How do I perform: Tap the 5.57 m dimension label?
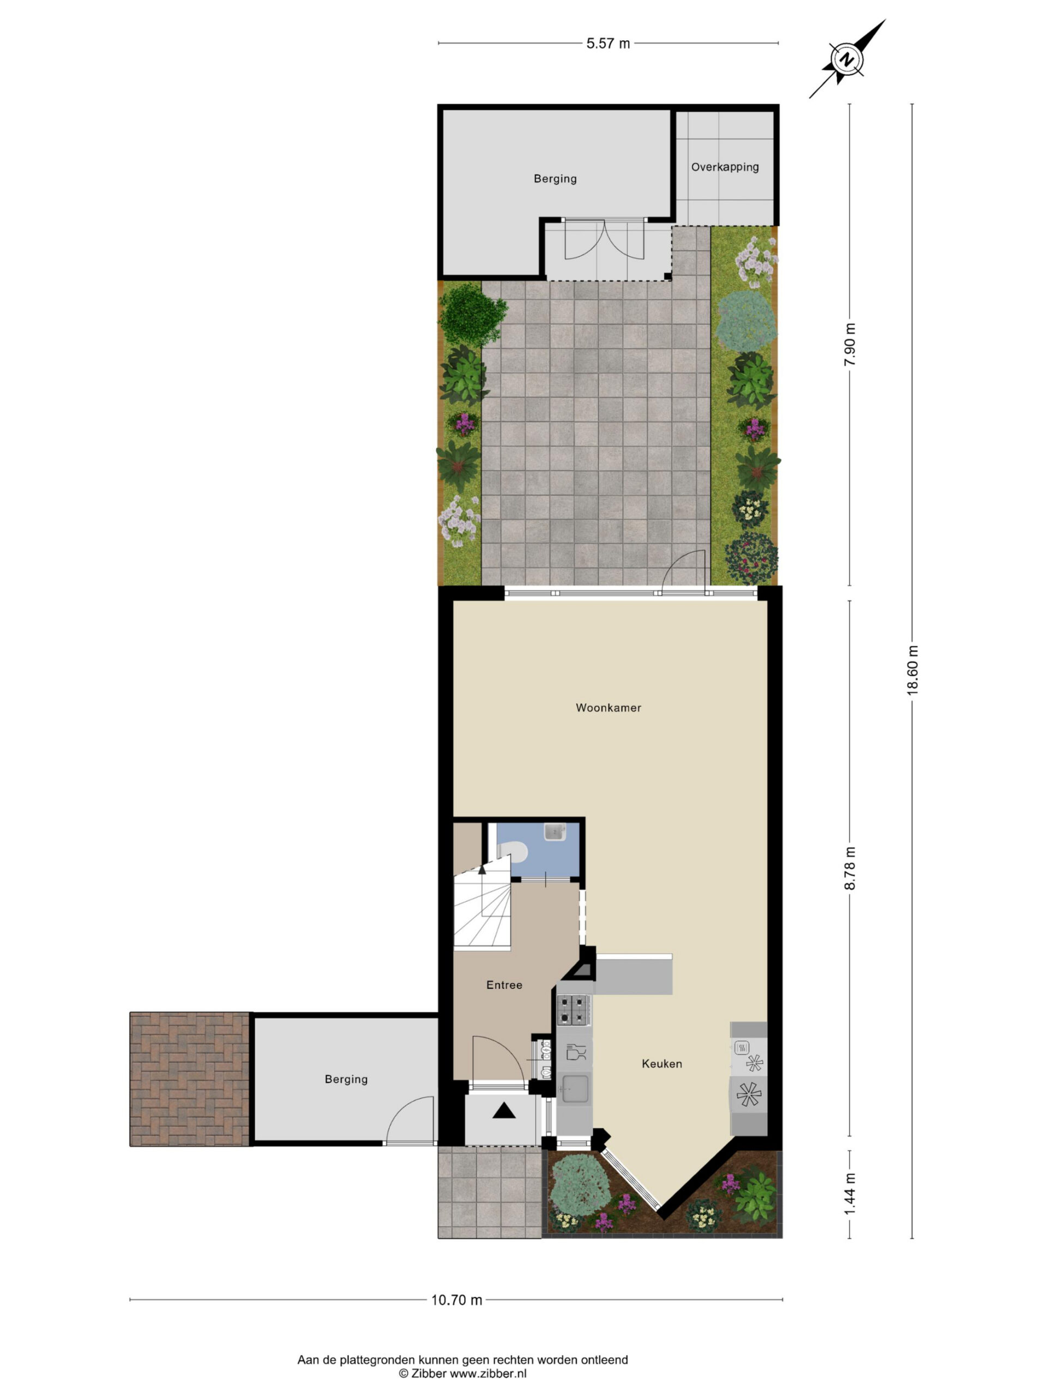coord(608,43)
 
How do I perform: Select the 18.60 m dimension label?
coord(912,670)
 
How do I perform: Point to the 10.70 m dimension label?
coord(456,1299)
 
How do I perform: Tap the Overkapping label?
coord(725,167)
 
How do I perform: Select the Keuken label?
coord(661,1063)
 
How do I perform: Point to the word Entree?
coord(504,984)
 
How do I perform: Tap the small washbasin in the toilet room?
coord(554,832)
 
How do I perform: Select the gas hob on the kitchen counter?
coord(574,1010)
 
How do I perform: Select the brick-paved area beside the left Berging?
coord(189,1079)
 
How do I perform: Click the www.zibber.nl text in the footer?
coord(488,1372)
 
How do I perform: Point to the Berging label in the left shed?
coord(346,1079)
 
